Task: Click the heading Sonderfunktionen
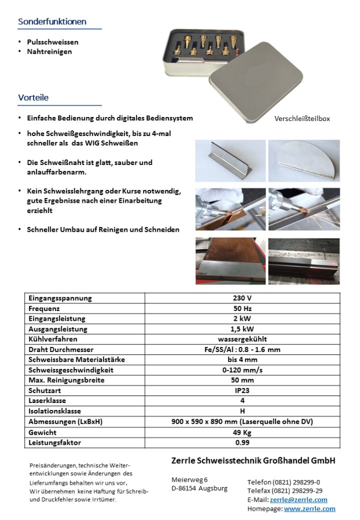point(52,22)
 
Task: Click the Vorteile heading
point(33,98)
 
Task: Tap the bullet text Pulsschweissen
point(53,42)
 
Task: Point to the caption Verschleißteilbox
point(302,118)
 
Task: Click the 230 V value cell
point(242,298)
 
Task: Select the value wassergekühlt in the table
point(242,339)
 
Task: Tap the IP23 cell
point(242,390)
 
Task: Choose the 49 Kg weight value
point(242,432)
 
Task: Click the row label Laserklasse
point(47,401)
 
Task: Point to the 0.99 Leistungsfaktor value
point(242,442)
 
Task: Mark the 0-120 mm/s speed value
point(242,370)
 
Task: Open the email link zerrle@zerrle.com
point(298,500)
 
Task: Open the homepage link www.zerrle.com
point(309,508)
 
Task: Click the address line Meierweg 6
point(189,479)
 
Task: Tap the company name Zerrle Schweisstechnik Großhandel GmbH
point(254,461)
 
